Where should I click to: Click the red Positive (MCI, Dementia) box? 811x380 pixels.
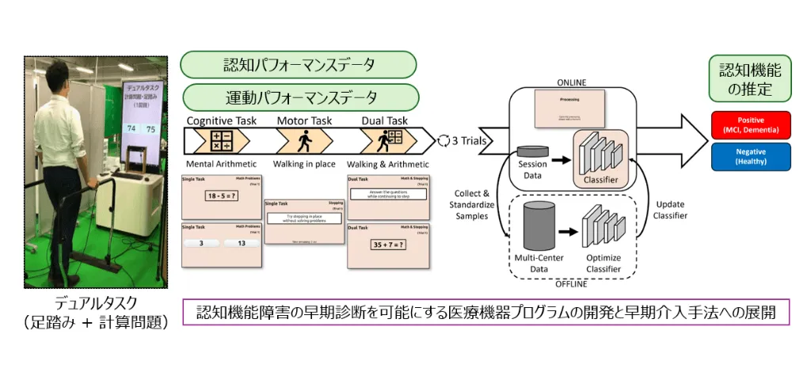click(750, 123)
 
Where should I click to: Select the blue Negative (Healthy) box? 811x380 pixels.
click(750, 156)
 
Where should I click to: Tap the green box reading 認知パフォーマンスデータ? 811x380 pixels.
click(299, 65)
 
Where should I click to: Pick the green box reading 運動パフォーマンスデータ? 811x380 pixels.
click(300, 97)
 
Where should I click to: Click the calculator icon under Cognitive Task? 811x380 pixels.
click(217, 141)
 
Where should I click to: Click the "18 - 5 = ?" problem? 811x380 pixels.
click(222, 196)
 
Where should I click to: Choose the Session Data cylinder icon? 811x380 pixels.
click(531, 153)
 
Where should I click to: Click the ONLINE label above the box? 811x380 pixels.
click(570, 82)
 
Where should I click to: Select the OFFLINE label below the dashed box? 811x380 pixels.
click(571, 282)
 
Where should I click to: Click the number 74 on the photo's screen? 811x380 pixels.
click(131, 128)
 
